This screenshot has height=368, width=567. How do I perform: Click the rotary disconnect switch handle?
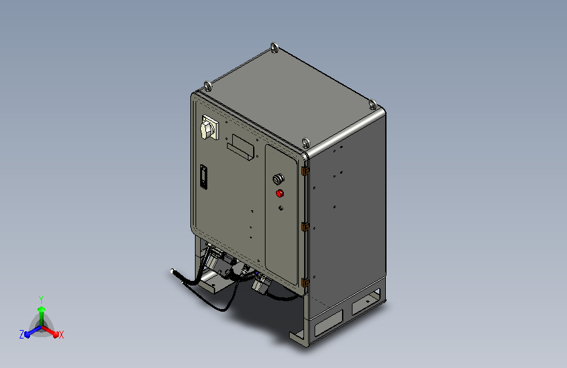pyautogui.click(x=208, y=128)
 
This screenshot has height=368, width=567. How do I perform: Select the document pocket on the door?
pyautogui.click(x=240, y=148)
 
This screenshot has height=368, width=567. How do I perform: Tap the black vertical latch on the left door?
pyautogui.click(x=204, y=177)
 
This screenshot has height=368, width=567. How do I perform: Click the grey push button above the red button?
pyautogui.click(x=279, y=179)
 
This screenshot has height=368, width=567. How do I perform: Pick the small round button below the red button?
pyautogui.click(x=281, y=208)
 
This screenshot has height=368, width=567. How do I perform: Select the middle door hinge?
pyautogui.click(x=305, y=227)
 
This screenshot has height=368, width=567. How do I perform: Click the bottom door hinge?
pyautogui.click(x=305, y=282)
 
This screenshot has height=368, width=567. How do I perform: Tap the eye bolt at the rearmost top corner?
pyautogui.click(x=273, y=48)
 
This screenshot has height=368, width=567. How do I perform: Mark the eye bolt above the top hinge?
pyautogui.click(x=305, y=142)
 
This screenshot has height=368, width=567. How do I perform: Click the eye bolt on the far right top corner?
pyautogui.click(x=371, y=104)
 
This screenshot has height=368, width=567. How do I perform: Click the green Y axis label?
pyautogui.click(x=41, y=299)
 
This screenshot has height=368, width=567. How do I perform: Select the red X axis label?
pyautogui.click(x=61, y=335)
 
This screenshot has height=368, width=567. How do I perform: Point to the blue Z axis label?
pyautogui.click(x=22, y=335)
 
